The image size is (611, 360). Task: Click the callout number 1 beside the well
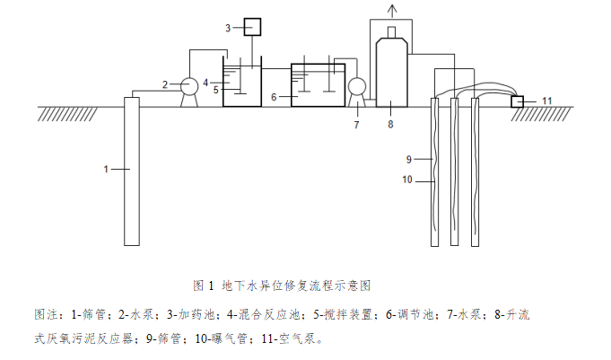[105, 169]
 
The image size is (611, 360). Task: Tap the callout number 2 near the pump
[165, 85]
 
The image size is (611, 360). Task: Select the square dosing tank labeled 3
[251, 28]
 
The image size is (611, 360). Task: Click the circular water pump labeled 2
[189, 86]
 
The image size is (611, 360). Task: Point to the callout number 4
[205, 82]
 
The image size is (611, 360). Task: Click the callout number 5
[216, 90]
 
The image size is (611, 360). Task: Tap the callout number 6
[274, 93]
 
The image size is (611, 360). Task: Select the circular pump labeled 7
[356, 87]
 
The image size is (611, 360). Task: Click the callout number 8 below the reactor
[390, 125]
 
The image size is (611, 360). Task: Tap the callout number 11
[547, 101]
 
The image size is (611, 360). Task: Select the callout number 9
[408, 159]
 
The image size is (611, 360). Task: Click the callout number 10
[406, 180]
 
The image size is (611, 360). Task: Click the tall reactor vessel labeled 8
[391, 68]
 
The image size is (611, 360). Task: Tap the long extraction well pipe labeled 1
[132, 171]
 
